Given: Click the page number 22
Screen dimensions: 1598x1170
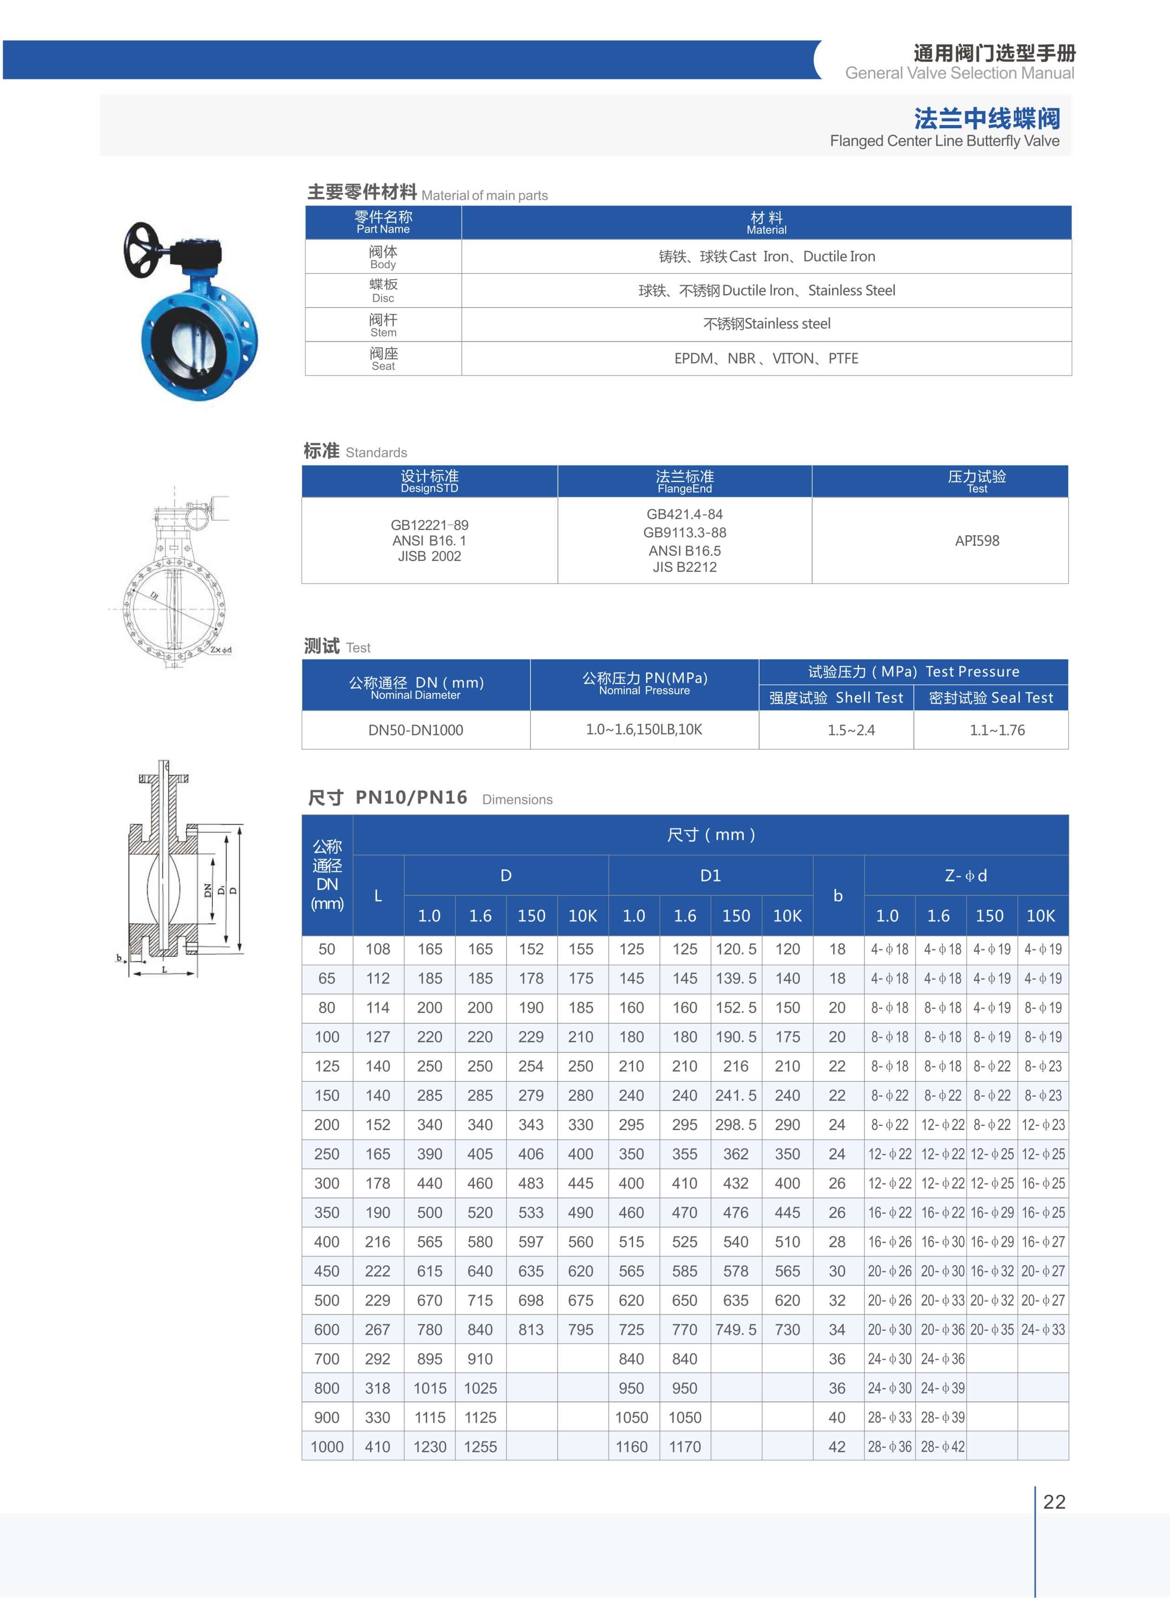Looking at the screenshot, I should [1054, 1502].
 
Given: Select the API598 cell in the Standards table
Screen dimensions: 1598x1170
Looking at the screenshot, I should [977, 541].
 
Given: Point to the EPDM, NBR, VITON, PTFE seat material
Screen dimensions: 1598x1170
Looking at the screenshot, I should [767, 358].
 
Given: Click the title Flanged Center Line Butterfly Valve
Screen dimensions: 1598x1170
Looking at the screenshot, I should [944, 141].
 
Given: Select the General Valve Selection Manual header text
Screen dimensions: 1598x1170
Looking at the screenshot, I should [959, 73].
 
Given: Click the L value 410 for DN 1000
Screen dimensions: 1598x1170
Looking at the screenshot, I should [377, 1447].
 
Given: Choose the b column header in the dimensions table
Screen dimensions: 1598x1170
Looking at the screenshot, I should [838, 895].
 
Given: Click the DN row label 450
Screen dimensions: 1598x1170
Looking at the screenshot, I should [326, 1271].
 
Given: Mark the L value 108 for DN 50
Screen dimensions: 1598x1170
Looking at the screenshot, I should [377, 949].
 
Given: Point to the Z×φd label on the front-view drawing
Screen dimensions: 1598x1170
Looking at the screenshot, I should [220, 649].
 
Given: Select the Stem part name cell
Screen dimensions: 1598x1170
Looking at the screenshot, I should [383, 324].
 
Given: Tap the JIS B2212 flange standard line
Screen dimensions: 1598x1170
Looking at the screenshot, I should [684, 567].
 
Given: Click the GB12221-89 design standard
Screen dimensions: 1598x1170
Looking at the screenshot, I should [429, 525].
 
